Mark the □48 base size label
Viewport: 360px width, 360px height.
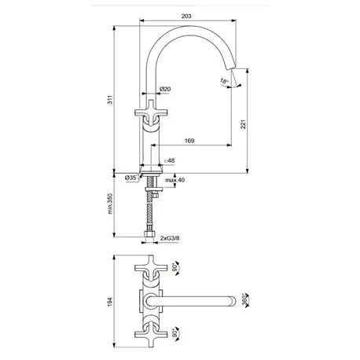point(169,163)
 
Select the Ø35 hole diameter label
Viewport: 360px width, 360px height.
point(132,178)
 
